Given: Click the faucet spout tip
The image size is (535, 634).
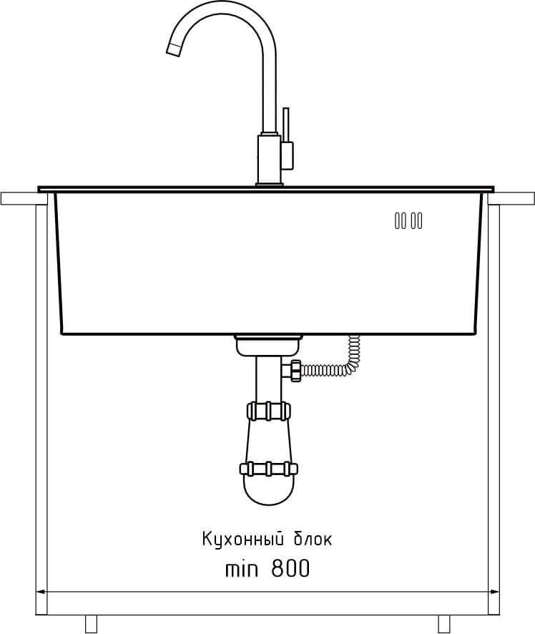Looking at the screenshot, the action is (173, 50).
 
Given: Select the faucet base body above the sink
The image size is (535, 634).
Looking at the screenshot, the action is (269, 160).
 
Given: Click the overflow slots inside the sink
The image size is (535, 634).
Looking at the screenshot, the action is (408, 221).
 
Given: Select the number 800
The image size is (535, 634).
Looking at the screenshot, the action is (290, 568).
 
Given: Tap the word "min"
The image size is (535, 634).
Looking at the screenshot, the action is (241, 570).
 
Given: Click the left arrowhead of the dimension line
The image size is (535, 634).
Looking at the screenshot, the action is (40, 592).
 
